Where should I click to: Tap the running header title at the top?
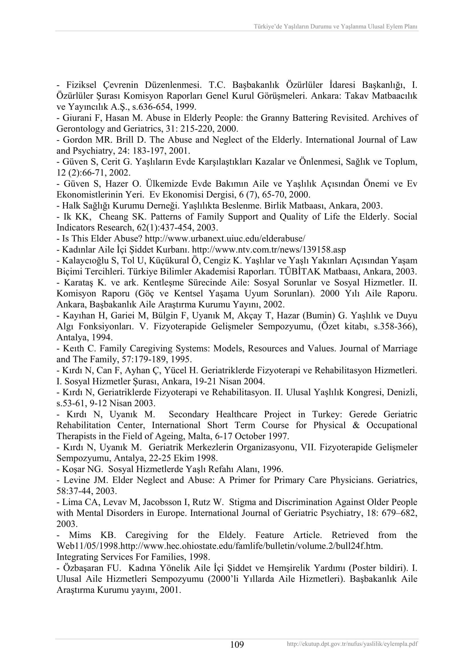pos(335,27)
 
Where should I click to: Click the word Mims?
pos(80,535)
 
